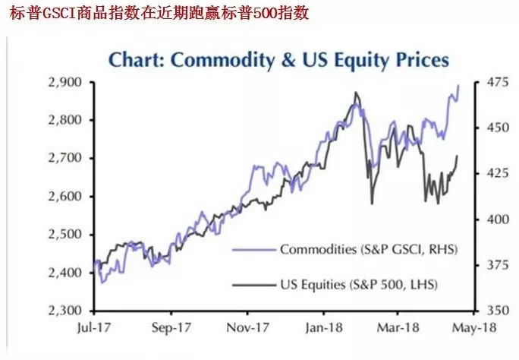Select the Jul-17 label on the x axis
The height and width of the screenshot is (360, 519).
click(x=93, y=330)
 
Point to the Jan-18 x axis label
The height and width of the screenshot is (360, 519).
click(x=322, y=330)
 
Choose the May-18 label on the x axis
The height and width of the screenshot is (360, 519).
click(x=474, y=330)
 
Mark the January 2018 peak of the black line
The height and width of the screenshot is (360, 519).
click(x=356, y=93)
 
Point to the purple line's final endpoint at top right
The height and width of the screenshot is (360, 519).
click(x=458, y=85)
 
